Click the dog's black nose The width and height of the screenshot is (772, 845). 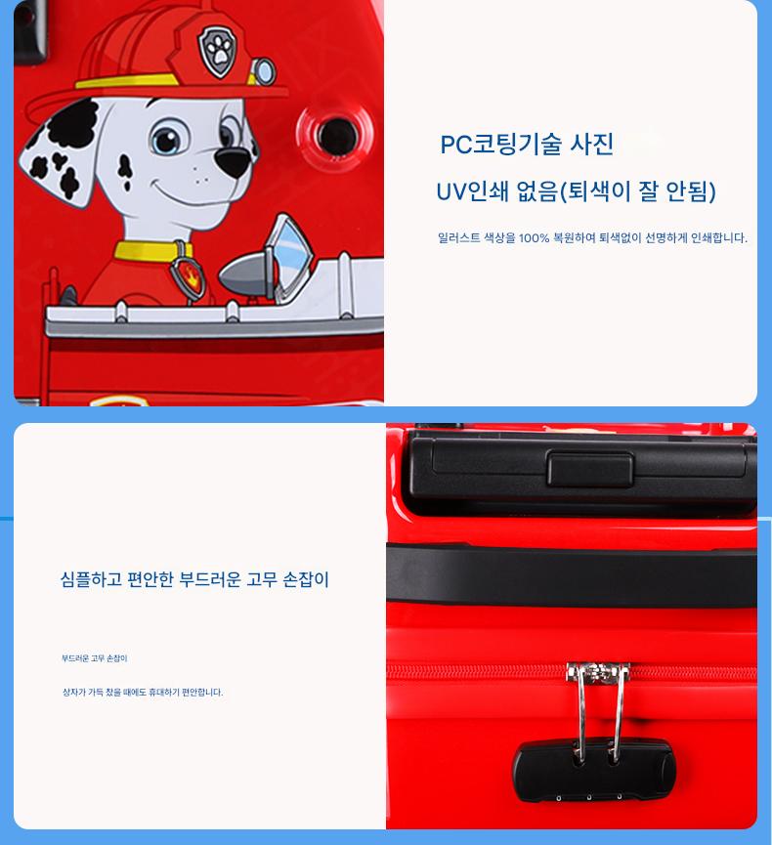233,159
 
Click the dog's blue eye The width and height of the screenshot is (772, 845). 166,139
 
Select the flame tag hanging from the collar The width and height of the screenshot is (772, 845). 188,275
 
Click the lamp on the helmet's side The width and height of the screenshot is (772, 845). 264,70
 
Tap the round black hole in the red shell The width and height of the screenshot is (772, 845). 336,134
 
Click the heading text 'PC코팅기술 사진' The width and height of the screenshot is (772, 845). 527,145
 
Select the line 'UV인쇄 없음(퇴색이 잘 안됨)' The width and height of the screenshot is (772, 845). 576,191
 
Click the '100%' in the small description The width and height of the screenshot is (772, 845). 534,237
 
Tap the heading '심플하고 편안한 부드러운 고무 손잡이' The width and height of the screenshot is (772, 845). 194,579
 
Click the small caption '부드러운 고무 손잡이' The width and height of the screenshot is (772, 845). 95,658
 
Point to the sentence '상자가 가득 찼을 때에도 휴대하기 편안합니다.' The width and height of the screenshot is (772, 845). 143,692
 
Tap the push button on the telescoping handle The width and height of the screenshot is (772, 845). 590,469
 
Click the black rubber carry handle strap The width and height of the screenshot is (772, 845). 572,575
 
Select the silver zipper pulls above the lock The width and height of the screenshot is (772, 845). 597,711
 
